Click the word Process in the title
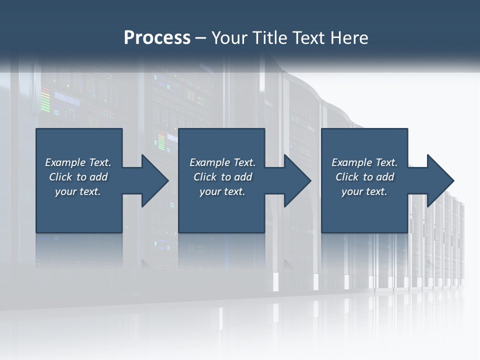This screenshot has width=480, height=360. [x=157, y=37]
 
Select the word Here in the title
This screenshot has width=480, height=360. [x=348, y=37]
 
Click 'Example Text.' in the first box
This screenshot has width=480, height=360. [x=78, y=162]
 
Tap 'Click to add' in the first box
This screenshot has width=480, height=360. [x=78, y=177]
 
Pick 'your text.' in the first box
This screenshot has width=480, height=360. [x=78, y=191]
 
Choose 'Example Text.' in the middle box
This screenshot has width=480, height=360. [x=222, y=162]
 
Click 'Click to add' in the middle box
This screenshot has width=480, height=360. [x=223, y=177]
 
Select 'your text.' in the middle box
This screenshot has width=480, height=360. [x=222, y=191]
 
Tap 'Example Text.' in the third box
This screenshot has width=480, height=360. [x=364, y=162]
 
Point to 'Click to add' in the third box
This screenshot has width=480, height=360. [x=365, y=177]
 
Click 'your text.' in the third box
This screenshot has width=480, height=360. [x=364, y=191]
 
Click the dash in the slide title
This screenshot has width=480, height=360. [x=200, y=38]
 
